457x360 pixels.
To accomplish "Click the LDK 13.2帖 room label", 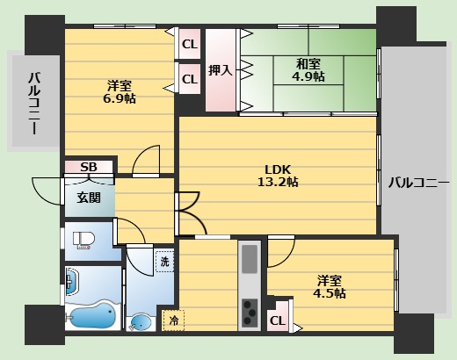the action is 278,176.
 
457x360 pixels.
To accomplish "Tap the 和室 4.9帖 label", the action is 308,70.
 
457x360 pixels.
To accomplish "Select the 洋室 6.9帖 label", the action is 120,92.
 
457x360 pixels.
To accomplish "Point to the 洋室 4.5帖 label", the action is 330,287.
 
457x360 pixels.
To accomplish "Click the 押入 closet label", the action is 221,70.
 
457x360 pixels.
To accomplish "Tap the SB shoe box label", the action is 89,167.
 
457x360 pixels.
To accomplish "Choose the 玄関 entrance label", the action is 89,198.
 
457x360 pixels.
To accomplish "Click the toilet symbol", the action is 83,241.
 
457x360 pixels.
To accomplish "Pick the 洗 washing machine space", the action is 164,262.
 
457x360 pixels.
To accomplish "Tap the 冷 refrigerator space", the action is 173,320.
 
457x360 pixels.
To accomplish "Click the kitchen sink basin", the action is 250,259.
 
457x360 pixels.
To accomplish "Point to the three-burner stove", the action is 250,313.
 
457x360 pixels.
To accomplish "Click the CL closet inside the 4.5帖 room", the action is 278,321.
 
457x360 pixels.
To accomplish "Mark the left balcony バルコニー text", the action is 34,104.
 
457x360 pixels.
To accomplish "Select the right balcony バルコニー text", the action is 418,184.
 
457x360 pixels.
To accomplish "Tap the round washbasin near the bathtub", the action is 141,323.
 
